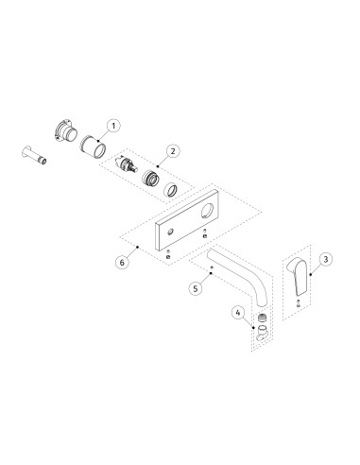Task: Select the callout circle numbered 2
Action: point(173,149)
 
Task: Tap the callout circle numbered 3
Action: point(325,258)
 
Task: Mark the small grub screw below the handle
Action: point(299,303)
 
